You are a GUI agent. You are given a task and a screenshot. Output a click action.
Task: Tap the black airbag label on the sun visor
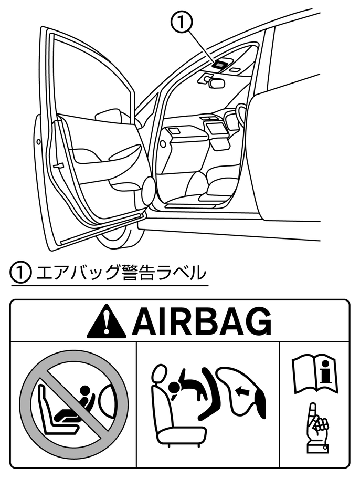[x=220, y=64]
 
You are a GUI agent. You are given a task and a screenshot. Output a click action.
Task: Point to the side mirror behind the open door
[x=111, y=116]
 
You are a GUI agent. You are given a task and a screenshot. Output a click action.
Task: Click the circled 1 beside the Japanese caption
[x=19, y=273]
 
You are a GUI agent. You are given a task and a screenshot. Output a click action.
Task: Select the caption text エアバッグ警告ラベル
[x=118, y=273]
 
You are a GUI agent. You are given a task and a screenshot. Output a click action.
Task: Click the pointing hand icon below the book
[x=316, y=429]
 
